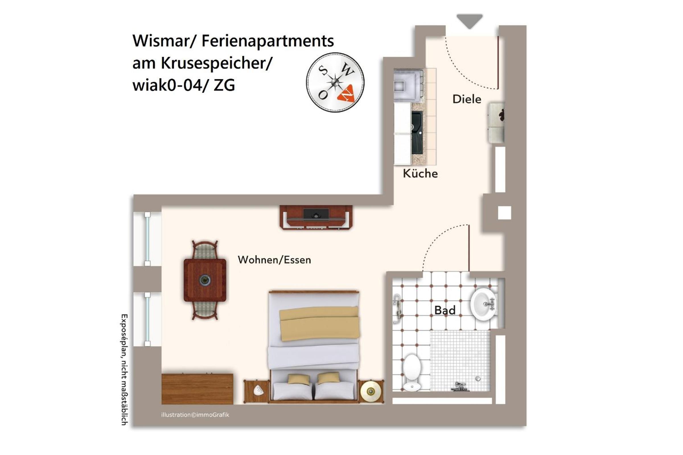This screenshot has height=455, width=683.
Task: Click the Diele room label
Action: (467, 99)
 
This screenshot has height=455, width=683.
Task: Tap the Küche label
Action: (420, 173)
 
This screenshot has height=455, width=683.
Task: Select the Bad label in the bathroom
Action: (445, 310)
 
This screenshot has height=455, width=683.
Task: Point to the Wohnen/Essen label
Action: (274, 260)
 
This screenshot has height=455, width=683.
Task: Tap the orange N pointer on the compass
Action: (347, 93)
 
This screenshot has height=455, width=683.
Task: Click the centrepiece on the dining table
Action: (205, 280)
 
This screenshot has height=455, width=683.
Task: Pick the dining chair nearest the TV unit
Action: (205, 249)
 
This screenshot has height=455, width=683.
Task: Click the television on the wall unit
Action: (316, 214)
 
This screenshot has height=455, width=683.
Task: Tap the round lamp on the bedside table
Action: (370, 392)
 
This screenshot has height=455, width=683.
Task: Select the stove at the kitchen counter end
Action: (408, 85)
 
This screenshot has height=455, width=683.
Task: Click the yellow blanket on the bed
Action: (319, 324)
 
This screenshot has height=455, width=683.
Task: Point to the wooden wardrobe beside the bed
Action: (197, 389)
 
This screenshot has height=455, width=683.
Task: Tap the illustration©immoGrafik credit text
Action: (195, 415)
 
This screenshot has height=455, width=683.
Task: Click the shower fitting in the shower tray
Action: (460, 386)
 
